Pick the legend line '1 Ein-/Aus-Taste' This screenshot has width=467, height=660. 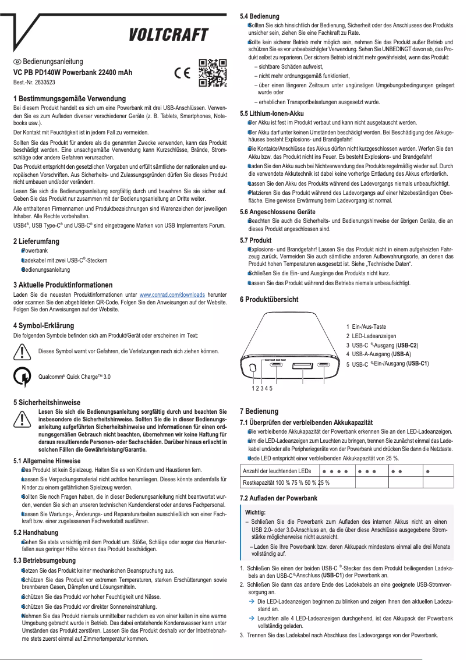pyautogui.click(x=366, y=327)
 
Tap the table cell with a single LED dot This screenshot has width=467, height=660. pyautogui.click(x=429, y=470)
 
